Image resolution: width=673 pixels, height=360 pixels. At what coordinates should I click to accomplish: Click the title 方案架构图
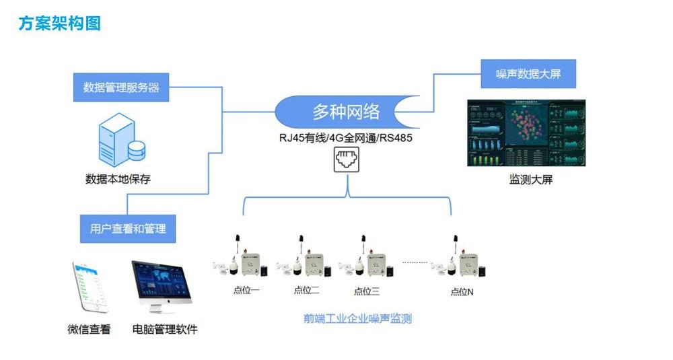pos(60,24)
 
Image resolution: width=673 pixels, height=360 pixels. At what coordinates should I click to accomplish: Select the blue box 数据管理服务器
pos(121,87)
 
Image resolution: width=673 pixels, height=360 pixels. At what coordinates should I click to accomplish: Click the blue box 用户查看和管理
pos(128,229)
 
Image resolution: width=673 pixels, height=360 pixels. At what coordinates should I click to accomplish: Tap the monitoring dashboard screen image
pos(526,133)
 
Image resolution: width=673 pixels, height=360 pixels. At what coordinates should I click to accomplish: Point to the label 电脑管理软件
pos(165,330)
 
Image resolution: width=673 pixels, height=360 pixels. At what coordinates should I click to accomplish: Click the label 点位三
pos(367,291)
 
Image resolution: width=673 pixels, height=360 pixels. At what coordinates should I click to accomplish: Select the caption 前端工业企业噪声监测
pos(357,319)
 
